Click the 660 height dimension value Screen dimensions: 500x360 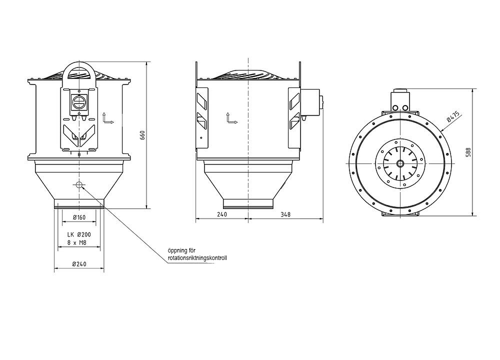[142, 135]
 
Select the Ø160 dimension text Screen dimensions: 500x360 [79, 217]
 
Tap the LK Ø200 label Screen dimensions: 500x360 [79, 234]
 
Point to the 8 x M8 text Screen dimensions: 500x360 [77, 242]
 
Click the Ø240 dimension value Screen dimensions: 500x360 [79, 264]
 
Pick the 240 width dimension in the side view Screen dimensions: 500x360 [221, 214]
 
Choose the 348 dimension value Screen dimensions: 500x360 [285, 214]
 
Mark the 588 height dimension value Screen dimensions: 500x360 [468, 152]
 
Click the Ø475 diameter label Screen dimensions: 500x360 [453, 116]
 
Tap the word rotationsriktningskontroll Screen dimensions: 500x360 [197, 258]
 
